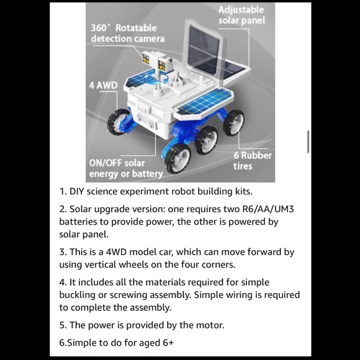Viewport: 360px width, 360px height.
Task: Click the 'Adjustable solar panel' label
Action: pyautogui.click(x=241, y=16)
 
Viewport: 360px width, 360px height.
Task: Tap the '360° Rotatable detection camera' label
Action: pyautogui.click(x=128, y=34)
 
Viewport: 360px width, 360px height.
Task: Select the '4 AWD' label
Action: pyautogui.click(x=103, y=85)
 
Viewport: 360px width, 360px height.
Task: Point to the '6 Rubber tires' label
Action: pyautogui.click(x=252, y=161)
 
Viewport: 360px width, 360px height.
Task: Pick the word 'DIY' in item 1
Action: pyautogui.click(x=78, y=192)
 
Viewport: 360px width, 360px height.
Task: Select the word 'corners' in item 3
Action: pyautogui.click(x=217, y=264)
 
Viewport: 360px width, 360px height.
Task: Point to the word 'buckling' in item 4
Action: pyautogui.click(x=78, y=295)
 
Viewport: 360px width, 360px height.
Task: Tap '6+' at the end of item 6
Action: pyautogui.click(x=167, y=342)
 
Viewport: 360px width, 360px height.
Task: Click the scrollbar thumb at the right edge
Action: pyautogui.click(x=308, y=142)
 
